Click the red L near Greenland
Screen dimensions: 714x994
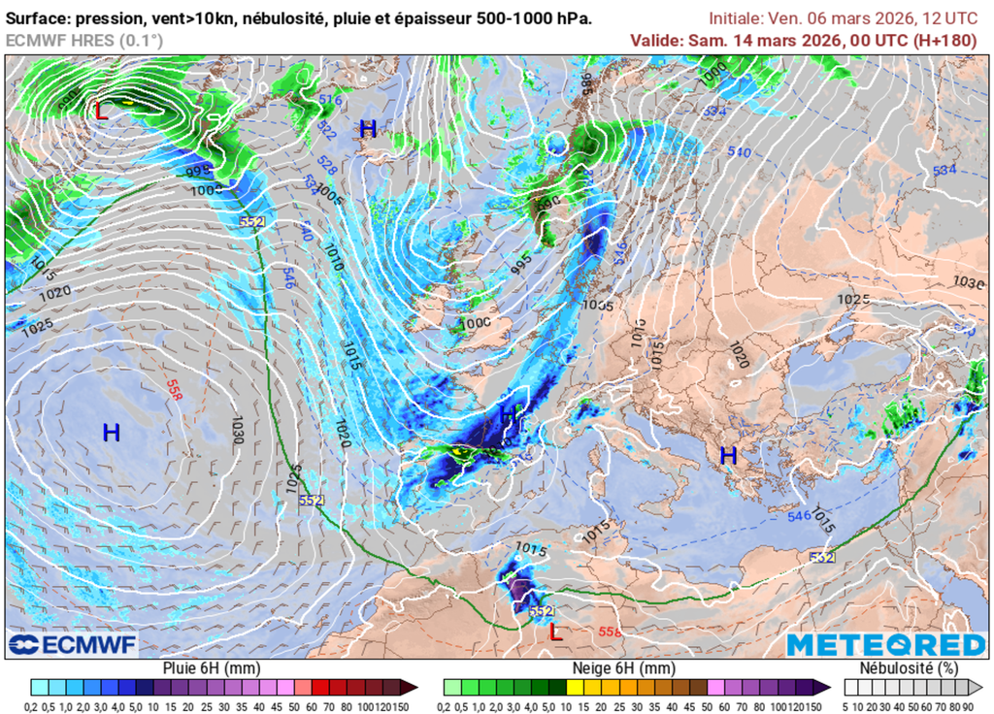pyautogui.click(x=101, y=111)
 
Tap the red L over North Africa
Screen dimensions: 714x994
pyautogui.click(x=555, y=633)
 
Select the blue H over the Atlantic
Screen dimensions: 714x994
pyautogui.click(x=112, y=433)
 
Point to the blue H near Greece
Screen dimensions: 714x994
pyautogui.click(x=728, y=455)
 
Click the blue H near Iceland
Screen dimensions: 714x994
pyautogui.click(x=368, y=128)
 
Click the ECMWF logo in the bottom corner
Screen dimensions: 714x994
pyautogui.click(x=73, y=644)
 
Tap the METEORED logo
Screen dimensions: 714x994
pyautogui.click(x=885, y=645)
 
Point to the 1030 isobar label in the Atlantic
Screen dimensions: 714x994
pyautogui.click(x=234, y=430)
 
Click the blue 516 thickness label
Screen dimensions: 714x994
pyautogui.click(x=331, y=100)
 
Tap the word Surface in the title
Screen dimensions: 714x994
pyautogui.click(x=38, y=18)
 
